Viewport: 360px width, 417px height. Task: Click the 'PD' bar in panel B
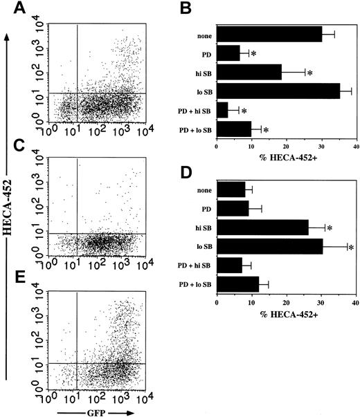(228, 53)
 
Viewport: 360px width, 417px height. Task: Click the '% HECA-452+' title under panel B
(287, 158)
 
